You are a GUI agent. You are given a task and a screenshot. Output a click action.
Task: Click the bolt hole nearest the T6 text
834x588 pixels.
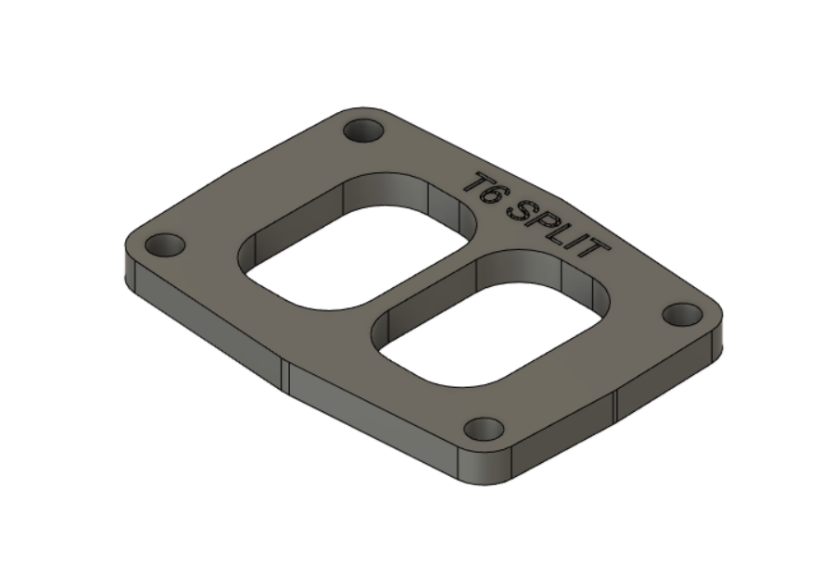(x=363, y=130)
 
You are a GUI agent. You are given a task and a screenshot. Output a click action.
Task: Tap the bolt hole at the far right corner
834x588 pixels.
(x=682, y=314)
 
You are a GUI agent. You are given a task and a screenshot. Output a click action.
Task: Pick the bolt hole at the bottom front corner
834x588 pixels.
(x=484, y=429)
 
